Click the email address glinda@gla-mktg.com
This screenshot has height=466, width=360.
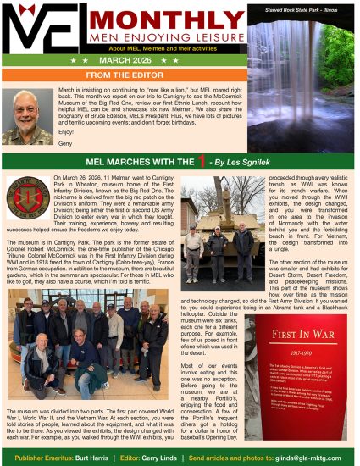(x=319, y=457)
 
